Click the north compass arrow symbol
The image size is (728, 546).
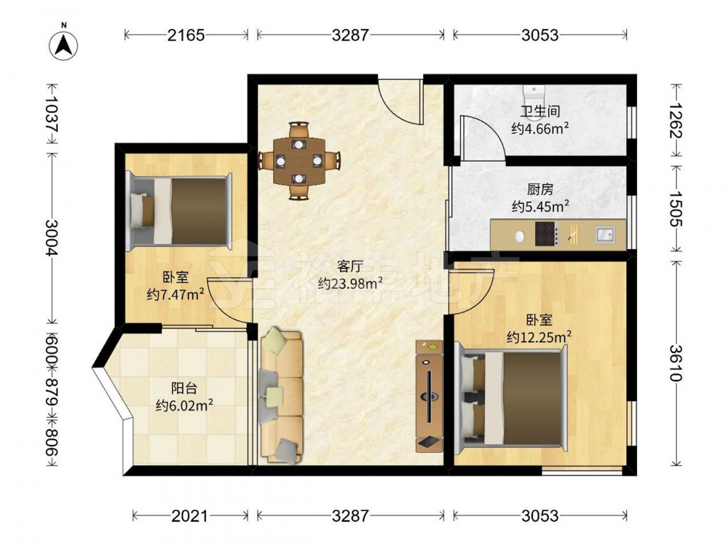63,45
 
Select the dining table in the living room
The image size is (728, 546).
299,161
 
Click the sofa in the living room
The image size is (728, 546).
282,395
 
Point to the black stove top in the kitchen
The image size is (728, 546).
545,234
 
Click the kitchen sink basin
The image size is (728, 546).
604,234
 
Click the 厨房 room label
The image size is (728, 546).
540,189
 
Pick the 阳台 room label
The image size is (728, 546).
184,388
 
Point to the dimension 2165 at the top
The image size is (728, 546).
186,35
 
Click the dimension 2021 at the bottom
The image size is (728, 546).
190,515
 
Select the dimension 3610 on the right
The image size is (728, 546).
676,363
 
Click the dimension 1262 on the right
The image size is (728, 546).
676,120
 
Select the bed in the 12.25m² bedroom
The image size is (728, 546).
511,398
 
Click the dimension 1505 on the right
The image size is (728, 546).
676,208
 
